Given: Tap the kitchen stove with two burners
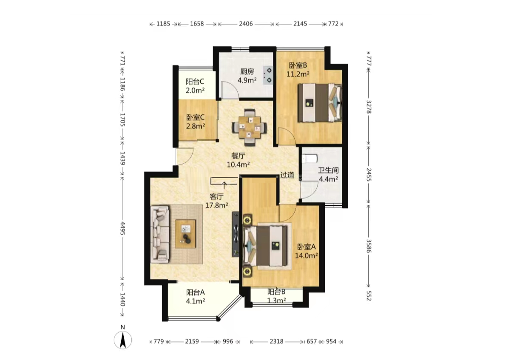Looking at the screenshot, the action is pyautogui.click(x=268, y=75).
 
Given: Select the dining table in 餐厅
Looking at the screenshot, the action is pyautogui.click(x=249, y=128).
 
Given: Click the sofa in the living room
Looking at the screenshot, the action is pyautogui.click(x=160, y=234).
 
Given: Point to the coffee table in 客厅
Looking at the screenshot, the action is pyautogui.click(x=185, y=234).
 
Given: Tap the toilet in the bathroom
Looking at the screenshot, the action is pyautogui.click(x=310, y=159).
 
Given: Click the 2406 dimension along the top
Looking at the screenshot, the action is pyautogui.click(x=246, y=24).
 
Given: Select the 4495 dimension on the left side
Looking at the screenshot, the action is pyautogui.click(x=122, y=229).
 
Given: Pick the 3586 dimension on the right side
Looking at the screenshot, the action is pyautogui.click(x=369, y=246).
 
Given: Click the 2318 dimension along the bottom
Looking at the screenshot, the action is pyautogui.click(x=276, y=341).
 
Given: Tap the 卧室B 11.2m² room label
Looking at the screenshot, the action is pyautogui.click(x=298, y=70).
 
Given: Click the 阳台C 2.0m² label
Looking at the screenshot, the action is pyautogui.click(x=195, y=86).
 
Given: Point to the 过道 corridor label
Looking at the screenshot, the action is pyautogui.click(x=287, y=175).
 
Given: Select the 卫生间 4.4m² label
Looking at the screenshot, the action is pyautogui.click(x=328, y=174).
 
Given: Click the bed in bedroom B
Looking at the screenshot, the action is pyautogui.click(x=320, y=102).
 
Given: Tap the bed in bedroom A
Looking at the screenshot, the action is pyautogui.click(x=265, y=246).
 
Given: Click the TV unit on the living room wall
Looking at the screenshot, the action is pyautogui.click(x=236, y=234).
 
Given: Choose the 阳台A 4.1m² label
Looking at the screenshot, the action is pyautogui.click(x=196, y=297).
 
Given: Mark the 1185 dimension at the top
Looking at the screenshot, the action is pyautogui.click(x=163, y=24).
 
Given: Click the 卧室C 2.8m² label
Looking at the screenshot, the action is pyautogui.click(x=196, y=122).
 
